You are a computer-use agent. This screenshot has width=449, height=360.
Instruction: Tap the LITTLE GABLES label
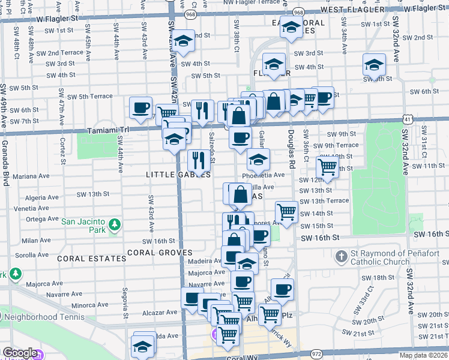pyautogui.click(x=178, y=175)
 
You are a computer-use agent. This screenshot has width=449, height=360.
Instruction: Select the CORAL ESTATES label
pyautogui.click(x=92, y=259)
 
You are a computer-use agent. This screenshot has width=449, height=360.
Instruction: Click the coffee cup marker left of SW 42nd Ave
pyautogui.click(x=141, y=108)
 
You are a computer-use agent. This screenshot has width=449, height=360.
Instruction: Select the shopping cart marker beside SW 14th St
pyautogui.click(x=287, y=211)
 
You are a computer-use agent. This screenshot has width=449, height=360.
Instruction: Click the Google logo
pyautogui.click(x=20, y=353)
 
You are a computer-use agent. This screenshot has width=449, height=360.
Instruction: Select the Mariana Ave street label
pyautogui.click(x=29, y=176)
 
